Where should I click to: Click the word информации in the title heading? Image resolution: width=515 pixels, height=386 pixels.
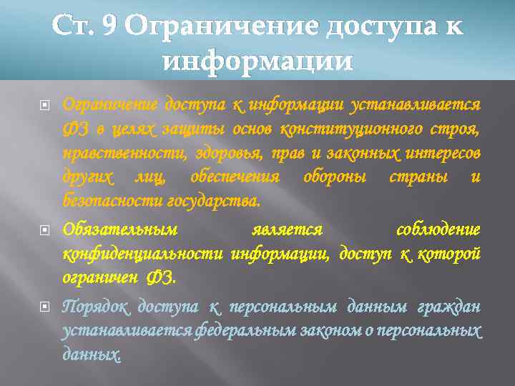[x=257, y=62]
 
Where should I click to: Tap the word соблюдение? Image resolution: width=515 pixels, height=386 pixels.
[x=438, y=230]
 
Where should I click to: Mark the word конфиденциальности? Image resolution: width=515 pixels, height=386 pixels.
[x=143, y=254]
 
